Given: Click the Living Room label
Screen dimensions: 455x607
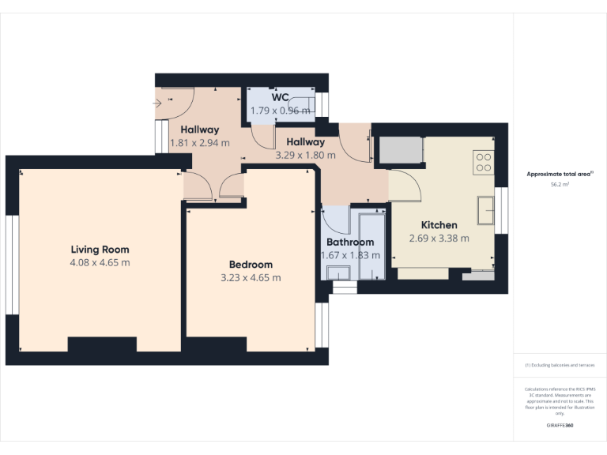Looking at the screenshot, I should [100, 250].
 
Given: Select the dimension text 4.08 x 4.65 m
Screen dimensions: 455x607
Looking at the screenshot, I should [100, 262].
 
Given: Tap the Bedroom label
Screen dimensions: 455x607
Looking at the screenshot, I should [251, 265].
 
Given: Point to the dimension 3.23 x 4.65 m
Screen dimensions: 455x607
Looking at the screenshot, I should [251, 277].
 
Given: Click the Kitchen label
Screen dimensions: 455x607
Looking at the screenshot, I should [439, 225].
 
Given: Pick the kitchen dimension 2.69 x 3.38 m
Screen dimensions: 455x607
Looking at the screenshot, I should [439, 238].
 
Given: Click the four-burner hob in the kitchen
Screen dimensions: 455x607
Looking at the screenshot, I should [483, 162].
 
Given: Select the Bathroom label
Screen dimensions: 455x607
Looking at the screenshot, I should [350, 243].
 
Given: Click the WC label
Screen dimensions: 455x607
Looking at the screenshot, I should [280, 97].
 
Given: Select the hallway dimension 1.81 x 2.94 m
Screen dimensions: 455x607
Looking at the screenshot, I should [200, 143].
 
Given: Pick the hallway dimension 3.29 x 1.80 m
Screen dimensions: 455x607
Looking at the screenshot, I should [300, 156].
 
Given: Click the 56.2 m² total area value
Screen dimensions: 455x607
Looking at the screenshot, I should [560, 184].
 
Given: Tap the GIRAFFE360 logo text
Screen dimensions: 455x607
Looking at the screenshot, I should [560, 426].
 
